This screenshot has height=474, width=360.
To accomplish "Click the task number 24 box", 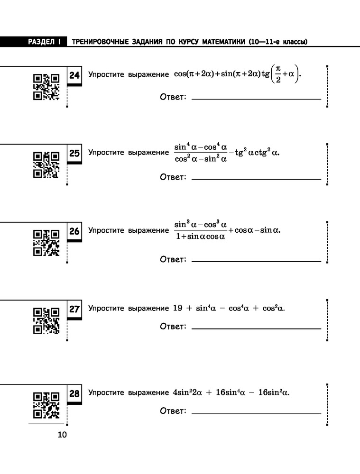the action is pyautogui.click(x=74, y=75).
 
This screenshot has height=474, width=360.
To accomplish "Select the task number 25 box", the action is pyautogui.click(x=74, y=154).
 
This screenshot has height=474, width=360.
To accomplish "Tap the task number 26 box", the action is pyautogui.click(x=74, y=232).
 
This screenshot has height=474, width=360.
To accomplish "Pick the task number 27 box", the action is pyautogui.click(x=74, y=310).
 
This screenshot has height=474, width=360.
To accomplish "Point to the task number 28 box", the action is pyautogui.click(x=74, y=394).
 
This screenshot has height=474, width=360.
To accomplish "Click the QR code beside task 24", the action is pyautogui.click(x=46, y=87).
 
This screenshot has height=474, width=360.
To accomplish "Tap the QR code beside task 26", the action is pyautogui.click(x=46, y=243).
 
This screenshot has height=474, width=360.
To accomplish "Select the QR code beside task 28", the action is pyautogui.click(x=46, y=405).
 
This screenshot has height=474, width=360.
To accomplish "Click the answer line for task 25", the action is pyautogui.click(x=256, y=179).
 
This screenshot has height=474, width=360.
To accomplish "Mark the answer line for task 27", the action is pyautogui.click(x=256, y=328).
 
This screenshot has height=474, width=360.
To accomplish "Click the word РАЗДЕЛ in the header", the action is pyautogui.click(x=41, y=42).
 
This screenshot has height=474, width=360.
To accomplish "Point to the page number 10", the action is pyautogui.click(x=62, y=435).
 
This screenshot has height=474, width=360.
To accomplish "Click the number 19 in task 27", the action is pyautogui.click(x=177, y=308).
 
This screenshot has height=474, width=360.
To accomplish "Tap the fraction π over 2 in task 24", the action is pyautogui.click(x=278, y=74).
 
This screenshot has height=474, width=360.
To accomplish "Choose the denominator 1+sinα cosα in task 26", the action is pyautogui.click(x=201, y=237).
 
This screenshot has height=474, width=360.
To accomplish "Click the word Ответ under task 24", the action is pyautogui.click(x=173, y=97).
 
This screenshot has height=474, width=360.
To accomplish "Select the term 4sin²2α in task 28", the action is pyautogui.click(x=187, y=392).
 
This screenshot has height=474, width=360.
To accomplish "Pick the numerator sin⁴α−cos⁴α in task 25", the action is pyautogui.click(x=201, y=147).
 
